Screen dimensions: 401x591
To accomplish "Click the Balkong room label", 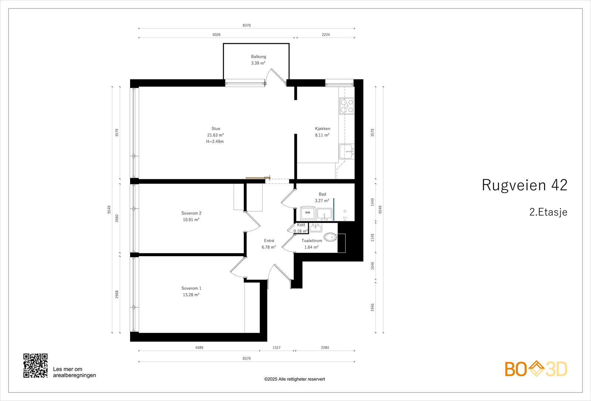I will [259, 57].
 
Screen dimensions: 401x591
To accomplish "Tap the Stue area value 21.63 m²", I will [215, 135].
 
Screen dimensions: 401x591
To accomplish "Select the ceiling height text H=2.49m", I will [215, 142].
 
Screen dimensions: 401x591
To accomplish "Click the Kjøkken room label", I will [322, 129].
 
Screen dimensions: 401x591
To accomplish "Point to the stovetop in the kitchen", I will [346, 106].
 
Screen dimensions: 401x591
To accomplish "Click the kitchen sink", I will [346, 151].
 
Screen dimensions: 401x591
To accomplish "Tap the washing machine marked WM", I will [308, 213].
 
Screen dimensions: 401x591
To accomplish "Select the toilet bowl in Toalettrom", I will [330, 237].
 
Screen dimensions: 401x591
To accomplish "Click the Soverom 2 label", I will [191, 213].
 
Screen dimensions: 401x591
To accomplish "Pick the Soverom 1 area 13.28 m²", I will [191, 295].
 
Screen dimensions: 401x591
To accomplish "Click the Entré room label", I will [269, 241].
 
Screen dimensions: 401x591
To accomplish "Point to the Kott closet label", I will [301, 225].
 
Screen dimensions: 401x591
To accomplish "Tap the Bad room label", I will [322, 194].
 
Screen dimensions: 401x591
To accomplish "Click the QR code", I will [35, 366].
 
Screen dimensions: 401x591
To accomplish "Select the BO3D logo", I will [536, 369].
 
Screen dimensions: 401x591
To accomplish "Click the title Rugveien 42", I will [525, 185].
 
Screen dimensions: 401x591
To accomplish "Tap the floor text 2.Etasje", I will [548, 212].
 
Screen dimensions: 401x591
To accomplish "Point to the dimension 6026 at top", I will [216, 35].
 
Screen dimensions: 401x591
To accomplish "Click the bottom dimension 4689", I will [199, 348].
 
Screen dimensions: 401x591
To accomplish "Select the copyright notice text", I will [294, 379].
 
